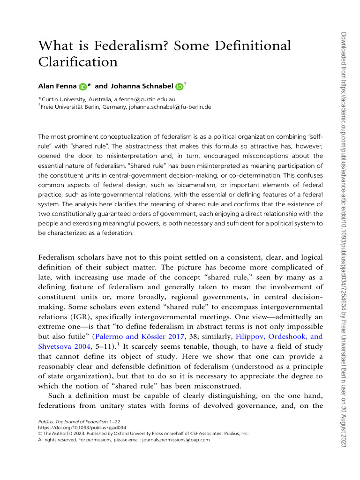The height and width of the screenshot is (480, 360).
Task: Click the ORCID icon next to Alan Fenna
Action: pyautogui.click(x=82, y=87)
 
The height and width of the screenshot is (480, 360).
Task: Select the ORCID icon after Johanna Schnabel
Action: pyautogui.click(x=180, y=87)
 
